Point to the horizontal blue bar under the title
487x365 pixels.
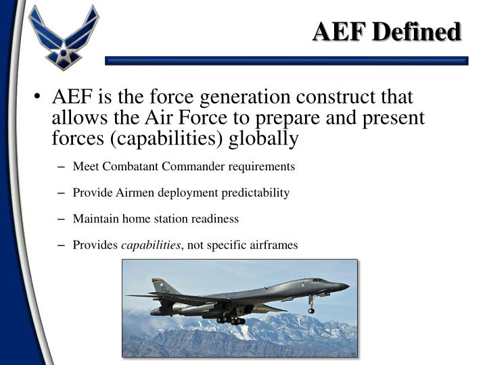(x=287, y=61)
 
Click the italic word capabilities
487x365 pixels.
(x=150, y=245)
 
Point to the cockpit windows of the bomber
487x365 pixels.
(x=319, y=280)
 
